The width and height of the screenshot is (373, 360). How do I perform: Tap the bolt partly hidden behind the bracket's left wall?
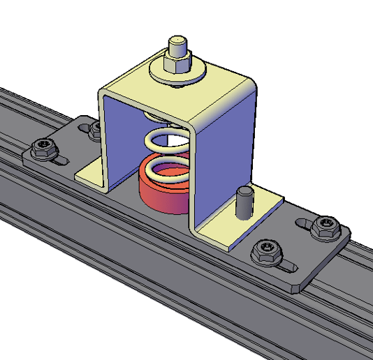point(94,128)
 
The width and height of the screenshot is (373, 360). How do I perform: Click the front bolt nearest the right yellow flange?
point(266,250)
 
